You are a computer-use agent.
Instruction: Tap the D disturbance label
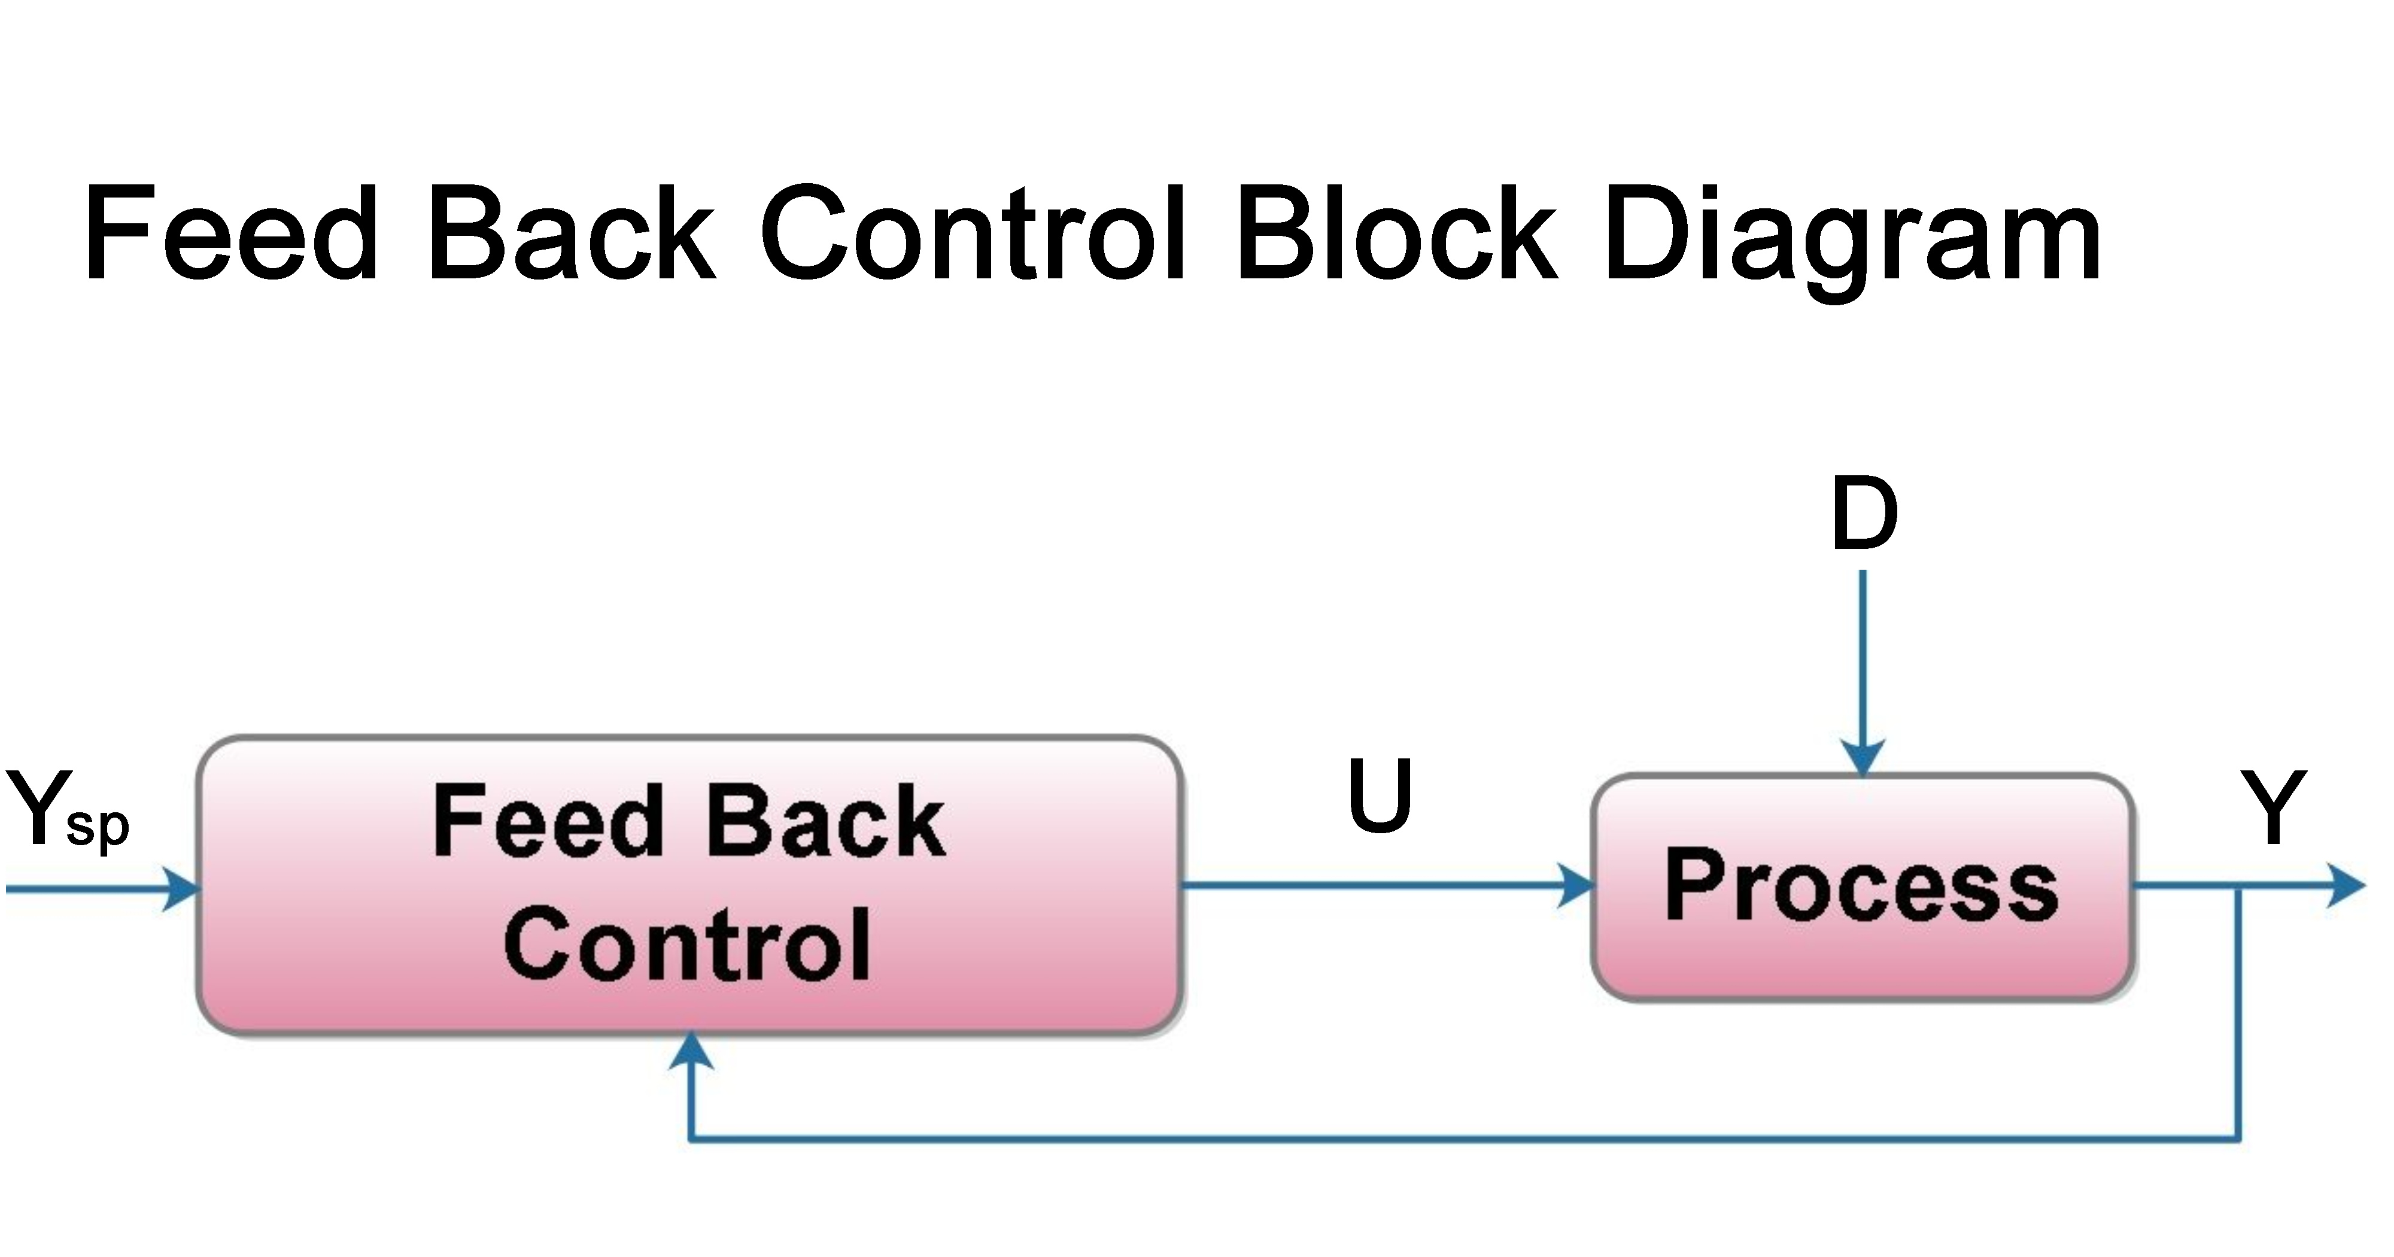pyautogui.click(x=1863, y=514)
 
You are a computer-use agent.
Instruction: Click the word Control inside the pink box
pyautogui.click(x=688, y=946)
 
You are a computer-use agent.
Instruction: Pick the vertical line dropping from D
pyautogui.click(x=1863, y=651)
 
